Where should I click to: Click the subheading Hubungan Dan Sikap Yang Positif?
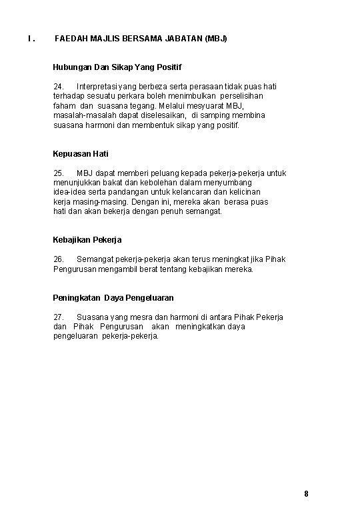click(117, 67)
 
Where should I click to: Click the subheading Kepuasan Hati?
click(80, 154)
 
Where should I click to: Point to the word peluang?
click(159, 173)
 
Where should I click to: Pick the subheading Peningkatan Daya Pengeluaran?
click(113, 297)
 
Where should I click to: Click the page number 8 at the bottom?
click(306, 494)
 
